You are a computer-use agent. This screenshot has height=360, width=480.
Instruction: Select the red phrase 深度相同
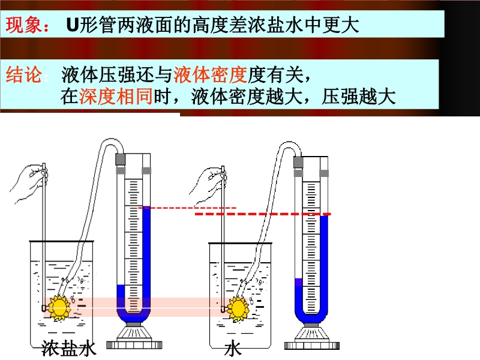[x=116, y=97]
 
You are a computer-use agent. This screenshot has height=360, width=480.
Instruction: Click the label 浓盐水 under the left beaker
[x=69, y=349]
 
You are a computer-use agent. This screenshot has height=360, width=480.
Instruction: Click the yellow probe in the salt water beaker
[x=59, y=308]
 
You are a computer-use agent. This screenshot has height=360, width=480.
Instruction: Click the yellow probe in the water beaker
[x=238, y=308]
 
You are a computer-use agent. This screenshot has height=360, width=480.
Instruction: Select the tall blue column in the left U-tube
[x=146, y=258]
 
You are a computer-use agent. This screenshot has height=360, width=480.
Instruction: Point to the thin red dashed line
[x=186, y=208]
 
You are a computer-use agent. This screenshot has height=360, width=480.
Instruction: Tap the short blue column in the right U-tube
[x=298, y=297]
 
